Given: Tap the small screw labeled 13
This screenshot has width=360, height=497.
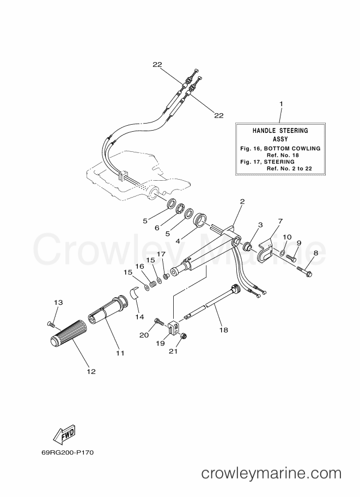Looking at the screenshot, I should click(51, 324).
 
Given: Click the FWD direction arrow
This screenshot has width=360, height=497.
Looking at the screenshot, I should click(64, 434).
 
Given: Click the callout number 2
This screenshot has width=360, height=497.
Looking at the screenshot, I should click(242, 201).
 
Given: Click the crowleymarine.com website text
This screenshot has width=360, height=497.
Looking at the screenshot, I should click(271, 473).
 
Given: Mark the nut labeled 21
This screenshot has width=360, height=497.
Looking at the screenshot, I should click(184, 337).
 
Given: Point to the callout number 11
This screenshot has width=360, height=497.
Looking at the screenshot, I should click(120, 353).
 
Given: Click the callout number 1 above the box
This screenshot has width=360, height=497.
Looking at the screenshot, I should click(280, 103).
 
